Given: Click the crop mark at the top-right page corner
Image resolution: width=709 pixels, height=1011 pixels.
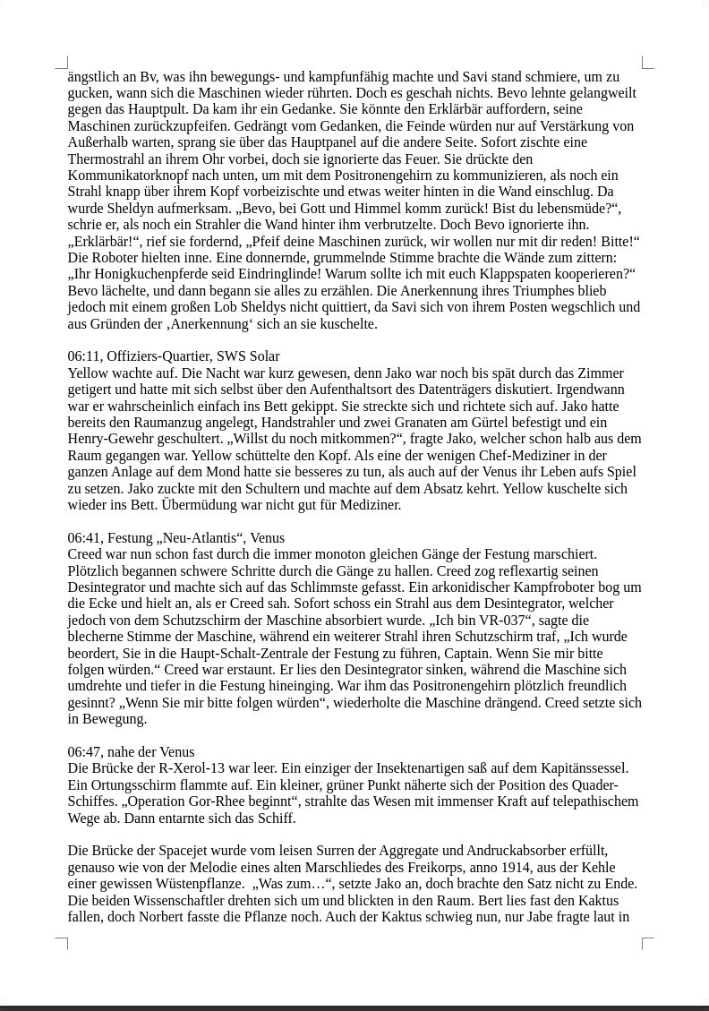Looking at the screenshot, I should [x=647, y=63].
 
